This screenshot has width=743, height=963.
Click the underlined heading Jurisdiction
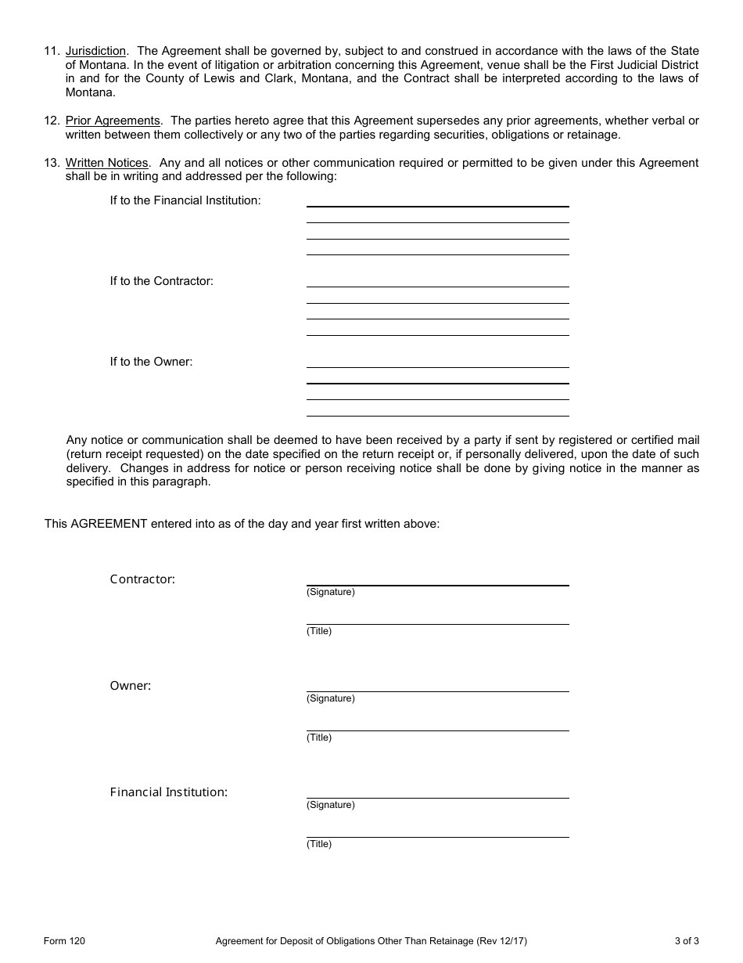click(95, 52)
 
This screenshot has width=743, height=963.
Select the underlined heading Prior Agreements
click(113, 121)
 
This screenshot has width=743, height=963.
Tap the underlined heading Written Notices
click(106, 163)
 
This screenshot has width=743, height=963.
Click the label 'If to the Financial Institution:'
click(185, 200)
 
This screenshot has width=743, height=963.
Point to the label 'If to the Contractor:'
click(161, 281)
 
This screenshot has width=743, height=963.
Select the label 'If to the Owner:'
click(151, 362)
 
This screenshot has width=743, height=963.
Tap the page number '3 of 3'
click(686, 941)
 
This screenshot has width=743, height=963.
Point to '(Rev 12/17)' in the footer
click(501, 941)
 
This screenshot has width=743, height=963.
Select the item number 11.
click(51, 52)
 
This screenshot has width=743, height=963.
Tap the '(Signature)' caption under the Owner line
click(330, 698)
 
